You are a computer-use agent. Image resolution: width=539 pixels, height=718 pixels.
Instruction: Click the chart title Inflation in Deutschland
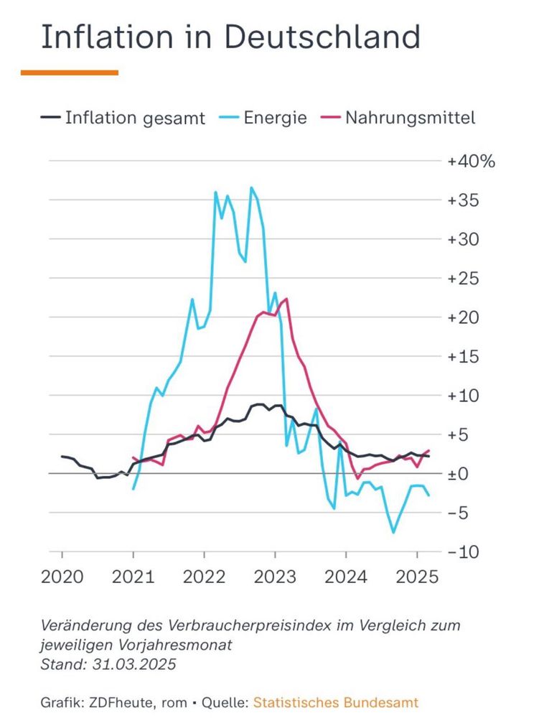coord(230,37)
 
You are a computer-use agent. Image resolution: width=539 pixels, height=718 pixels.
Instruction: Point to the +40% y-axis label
coord(471,161)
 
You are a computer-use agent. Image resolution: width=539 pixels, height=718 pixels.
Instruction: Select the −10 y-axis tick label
coord(463,552)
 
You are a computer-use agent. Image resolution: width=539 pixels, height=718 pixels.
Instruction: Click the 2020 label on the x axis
coord(62,577)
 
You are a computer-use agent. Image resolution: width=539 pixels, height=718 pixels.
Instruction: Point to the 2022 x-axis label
coord(204,577)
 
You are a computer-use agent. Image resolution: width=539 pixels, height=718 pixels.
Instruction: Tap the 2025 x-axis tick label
coord(417,577)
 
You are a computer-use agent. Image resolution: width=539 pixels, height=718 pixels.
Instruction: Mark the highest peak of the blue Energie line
coord(251,188)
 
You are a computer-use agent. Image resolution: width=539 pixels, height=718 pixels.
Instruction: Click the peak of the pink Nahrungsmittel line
coord(286,299)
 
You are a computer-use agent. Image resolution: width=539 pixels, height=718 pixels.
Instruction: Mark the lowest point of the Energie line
coord(393,532)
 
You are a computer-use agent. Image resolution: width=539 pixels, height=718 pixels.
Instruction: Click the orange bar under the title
coord(70,73)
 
